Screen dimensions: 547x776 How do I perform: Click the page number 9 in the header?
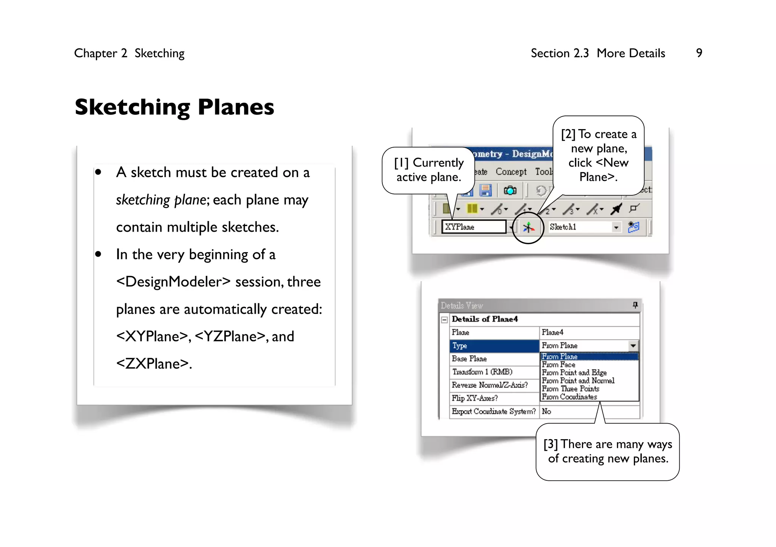pyautogui.click(x=699, y=53)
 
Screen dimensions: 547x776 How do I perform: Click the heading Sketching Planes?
pyautogui.click(x=174, y=107)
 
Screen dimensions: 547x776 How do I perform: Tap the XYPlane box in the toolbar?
pyautogui.click(x=474, y=227)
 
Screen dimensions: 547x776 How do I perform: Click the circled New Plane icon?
pyautogui.click(x=528, y=228)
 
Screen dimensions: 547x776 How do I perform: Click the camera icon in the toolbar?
pyautogui.click(x=510, y=190)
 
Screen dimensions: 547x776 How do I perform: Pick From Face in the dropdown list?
pyautogui.click(x=559, y=365)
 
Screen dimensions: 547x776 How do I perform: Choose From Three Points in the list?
pyautogui.click(x=570, y=389)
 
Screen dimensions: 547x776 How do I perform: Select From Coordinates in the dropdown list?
pyautogui.click(x=569, y=397)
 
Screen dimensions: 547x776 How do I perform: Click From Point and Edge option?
pyautogui.click(x=574, y=372)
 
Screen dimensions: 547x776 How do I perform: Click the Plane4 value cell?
pyautogui.click(x=589, y=332)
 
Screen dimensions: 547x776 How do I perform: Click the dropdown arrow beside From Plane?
pyautogui.click(x=633, y=346)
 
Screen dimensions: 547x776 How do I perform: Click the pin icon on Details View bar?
pyautogui.click(x=635, y=305)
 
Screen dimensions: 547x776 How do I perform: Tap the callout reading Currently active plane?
pyautogui.click(x=429, y=170)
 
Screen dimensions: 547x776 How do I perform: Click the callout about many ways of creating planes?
pyautogui.click(x=607, y=451)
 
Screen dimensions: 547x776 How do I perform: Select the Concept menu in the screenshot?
pyautogui.click(x=511, y=172)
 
